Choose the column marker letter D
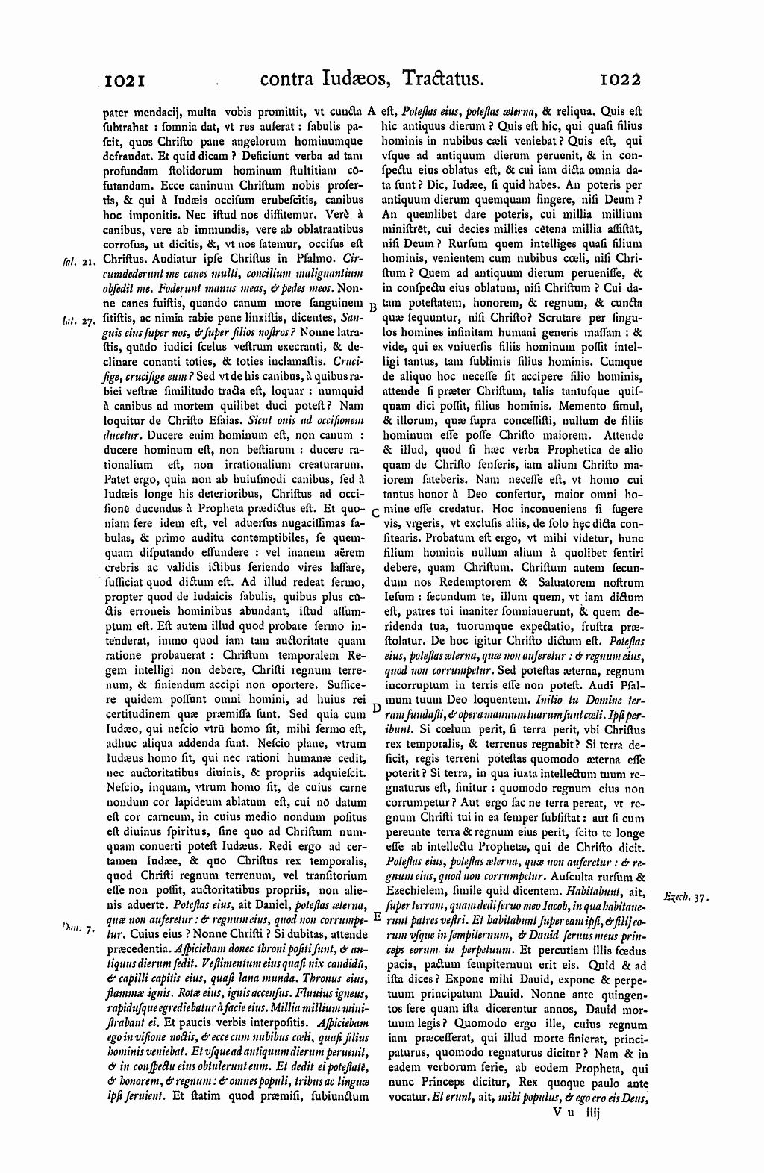[376, 707]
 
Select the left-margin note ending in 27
[76, 322]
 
